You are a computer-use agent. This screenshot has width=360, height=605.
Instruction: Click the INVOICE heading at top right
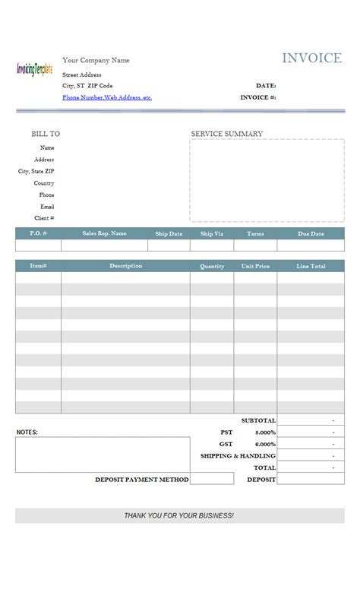coord(311,59)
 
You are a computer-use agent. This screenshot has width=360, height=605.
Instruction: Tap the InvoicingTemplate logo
coord(35,69)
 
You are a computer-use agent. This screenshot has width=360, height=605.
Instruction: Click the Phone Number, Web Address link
coord(107,98)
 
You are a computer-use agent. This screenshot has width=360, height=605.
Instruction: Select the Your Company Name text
coord(96,60)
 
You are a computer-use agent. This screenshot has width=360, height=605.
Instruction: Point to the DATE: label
coord(266,86)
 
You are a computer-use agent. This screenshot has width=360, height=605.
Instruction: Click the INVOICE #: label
coord(258,98)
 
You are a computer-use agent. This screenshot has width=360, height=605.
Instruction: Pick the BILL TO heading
coord(46,134)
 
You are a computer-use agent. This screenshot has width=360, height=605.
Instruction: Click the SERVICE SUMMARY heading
coord(227,134)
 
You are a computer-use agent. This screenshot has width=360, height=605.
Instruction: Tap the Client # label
coord(44,218)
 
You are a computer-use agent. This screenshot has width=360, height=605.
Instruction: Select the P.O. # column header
coord(39,234)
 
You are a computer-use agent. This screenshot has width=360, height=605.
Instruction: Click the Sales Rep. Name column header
coord(104,234)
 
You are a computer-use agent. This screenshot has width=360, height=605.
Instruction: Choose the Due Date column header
coord(311,234)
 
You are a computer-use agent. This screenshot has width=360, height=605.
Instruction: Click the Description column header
coord(125,266)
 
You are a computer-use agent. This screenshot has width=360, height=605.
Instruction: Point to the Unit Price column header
coord(255,266)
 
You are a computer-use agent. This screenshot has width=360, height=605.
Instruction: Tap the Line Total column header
coord(311,266)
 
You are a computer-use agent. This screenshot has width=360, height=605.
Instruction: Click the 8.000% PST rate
coord(266,432)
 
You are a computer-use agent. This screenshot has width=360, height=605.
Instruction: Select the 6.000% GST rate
coord(266,444)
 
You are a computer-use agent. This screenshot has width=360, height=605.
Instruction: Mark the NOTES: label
coord(27,432)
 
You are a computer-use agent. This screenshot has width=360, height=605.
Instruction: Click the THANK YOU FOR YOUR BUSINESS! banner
coord(179,515)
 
